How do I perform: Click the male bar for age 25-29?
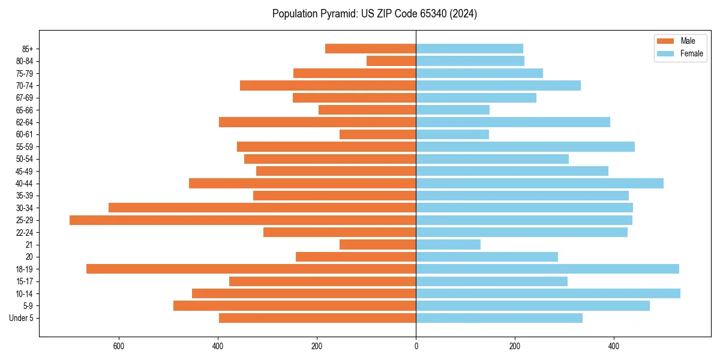coord(242,220)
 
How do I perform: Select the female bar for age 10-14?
coord(548,293)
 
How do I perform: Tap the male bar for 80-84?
coord(391,61)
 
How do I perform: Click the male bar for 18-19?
coord(251,269)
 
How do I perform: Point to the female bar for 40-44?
coord(539,184)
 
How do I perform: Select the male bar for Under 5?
coord(317,318)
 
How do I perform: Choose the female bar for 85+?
coord(469,49)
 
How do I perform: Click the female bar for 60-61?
coord(452,134)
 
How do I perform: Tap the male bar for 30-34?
coord(262,208)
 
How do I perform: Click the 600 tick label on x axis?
coord(119,347)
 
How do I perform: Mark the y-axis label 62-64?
coord(25,122)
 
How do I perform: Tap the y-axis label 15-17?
coord(25,281)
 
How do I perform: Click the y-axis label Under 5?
coord(22,318)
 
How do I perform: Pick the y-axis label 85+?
coord(28,49)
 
